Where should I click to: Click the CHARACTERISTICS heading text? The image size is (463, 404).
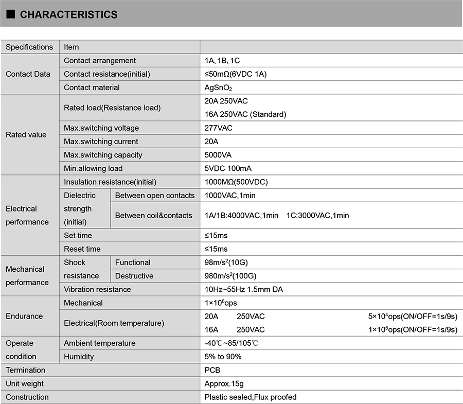pyautogui.click(x=68, y=15)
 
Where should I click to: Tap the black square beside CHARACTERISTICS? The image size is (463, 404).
pyautogui.click(x=11, y=14)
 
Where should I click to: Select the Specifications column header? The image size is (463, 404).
pyautogui.click(x=29, y=47)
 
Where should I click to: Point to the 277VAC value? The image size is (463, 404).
pyautogui.click(x=219, y=128)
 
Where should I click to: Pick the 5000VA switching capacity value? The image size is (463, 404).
pyautogui.click(x=220, y=155)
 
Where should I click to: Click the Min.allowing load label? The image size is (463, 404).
pyautogui.click(x=93, y=168)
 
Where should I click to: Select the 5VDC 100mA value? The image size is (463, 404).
pyautogui.click(x=228, y=168)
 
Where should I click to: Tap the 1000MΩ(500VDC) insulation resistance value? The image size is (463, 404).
pyautogui.click(x=236, y=182)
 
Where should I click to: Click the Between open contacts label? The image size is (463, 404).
pyautogui.click(x=155, y=195)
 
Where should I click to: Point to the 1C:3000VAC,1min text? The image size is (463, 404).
pyautogui.click(x=317, y=215)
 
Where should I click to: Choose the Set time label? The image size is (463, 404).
pyautogui.click(x=78, y=235)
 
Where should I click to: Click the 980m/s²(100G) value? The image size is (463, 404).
pyautogui.click(x=230, y=276)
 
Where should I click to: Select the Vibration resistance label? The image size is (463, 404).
pyautogui.click(x=97, y=289)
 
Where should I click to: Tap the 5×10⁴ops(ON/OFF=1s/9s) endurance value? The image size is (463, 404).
pyautogui.click(x=413, y=316)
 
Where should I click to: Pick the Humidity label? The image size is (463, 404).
pyautogui.click(x=79, y=357)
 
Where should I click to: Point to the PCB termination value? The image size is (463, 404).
pyautogui.click(x=212, y=370)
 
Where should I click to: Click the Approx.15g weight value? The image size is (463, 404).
pyautogui.click(x=224, y=383)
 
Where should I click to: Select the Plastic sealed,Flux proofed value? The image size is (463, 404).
pyautogui.click(x=251, y=397)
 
